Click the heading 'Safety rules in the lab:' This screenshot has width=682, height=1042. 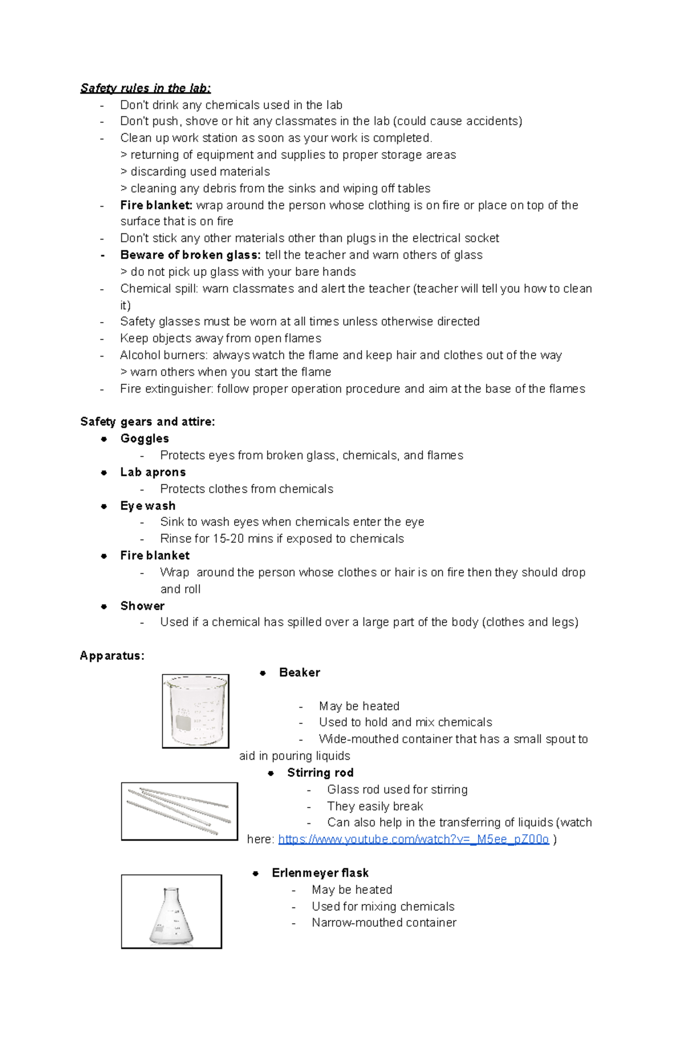tap(145, 88)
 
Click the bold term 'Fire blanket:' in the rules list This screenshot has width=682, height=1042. tap(156, 205)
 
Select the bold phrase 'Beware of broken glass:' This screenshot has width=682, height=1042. tap(190, 255)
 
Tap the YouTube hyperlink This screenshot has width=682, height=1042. tap(413, 839)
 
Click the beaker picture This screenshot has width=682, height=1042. tap(196, 711)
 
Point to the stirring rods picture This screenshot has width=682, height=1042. tap(179, 811)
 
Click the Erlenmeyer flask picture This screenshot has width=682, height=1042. tap(171, 911)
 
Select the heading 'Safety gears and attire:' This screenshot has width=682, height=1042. tap(148, 421)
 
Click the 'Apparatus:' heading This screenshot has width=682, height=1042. tap(112, 656)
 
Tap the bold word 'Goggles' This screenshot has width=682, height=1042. tap(144, 438)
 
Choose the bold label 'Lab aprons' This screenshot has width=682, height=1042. tap(153, 472)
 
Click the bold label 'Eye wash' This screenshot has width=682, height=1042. tap(148, 505)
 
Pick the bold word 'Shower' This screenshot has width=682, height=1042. tap(142, 606)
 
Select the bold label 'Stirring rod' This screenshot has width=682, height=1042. tap(320, 773)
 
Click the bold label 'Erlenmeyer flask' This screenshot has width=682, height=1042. tap(320, 873)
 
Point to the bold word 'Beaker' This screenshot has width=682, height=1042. tap(300, 672)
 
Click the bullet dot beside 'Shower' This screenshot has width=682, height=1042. tap(104, 606)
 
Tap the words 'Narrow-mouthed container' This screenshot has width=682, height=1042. tap(384, 923)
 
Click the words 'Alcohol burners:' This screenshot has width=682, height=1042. tap(164, 355)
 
